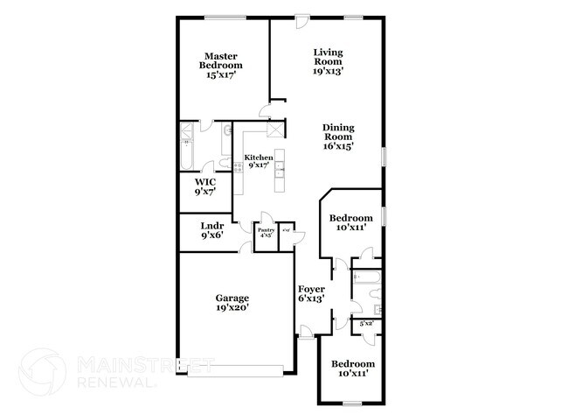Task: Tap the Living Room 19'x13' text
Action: point(329,62)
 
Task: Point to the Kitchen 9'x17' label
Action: point(258,161)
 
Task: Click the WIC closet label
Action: point(204,186)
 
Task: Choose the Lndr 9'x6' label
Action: point(212,230)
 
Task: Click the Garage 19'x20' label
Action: point(232,302)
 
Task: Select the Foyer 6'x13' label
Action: point(311,293)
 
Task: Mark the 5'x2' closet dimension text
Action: point(367,325)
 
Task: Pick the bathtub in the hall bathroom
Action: point(367,281)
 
